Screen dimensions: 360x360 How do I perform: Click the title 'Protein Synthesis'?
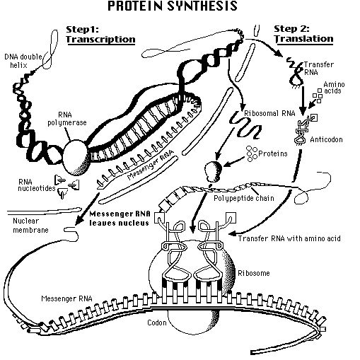click(180, 7)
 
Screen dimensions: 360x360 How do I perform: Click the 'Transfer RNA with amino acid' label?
click(289, 239)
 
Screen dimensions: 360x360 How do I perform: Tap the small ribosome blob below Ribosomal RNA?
click(211, 171)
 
